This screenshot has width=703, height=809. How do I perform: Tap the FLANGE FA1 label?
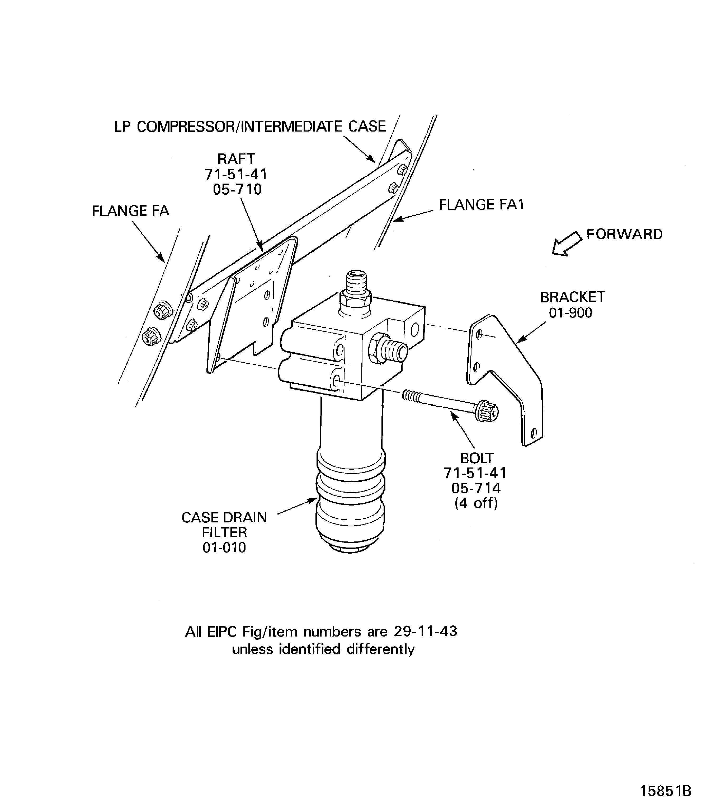[481, 204]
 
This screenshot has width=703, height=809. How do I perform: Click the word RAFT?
[236, 159]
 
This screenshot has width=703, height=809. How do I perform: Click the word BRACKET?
[572, 297]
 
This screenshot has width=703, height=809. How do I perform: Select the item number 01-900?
[570, 313]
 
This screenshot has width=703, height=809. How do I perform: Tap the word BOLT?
[477, 458]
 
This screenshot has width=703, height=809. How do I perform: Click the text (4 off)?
[476, 503]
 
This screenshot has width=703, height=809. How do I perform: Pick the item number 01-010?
[224, 548]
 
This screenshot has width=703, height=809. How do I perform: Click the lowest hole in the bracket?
[533, 434]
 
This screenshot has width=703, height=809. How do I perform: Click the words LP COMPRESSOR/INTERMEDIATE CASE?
[250, 127]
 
